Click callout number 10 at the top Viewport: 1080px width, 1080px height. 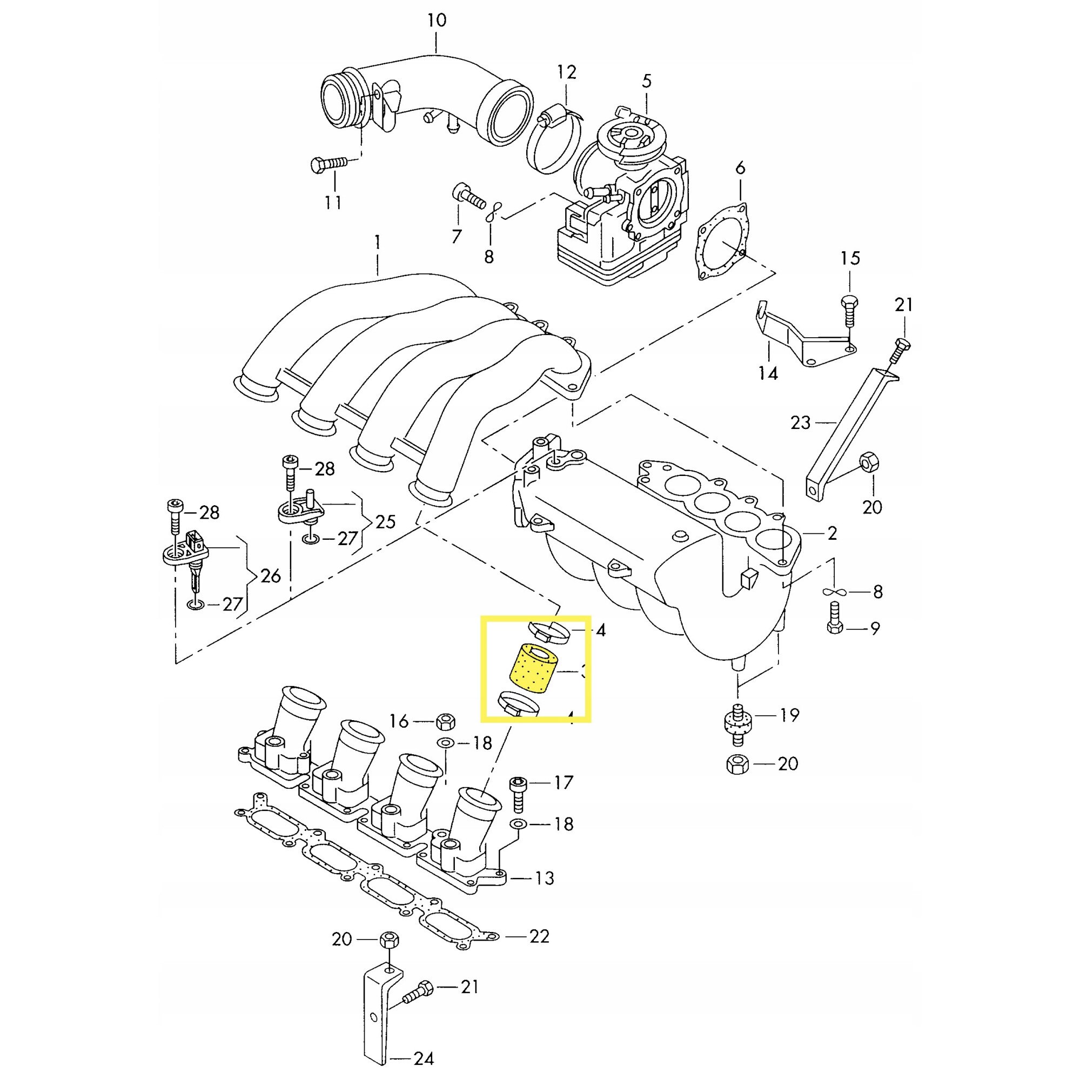point(437,21)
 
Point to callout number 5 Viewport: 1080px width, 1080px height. point(646,81)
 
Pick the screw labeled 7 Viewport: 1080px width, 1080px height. point(467,197)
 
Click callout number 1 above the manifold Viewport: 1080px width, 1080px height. point(377,243)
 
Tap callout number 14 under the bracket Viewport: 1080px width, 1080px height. point(769,373)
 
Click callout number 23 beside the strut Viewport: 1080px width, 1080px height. point(800,422)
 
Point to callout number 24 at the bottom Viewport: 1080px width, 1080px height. point(424,1058)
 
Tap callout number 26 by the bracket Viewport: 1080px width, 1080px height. point(270,576)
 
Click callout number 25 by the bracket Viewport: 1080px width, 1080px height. point(385,521)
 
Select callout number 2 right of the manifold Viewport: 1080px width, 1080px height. point(832,533)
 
